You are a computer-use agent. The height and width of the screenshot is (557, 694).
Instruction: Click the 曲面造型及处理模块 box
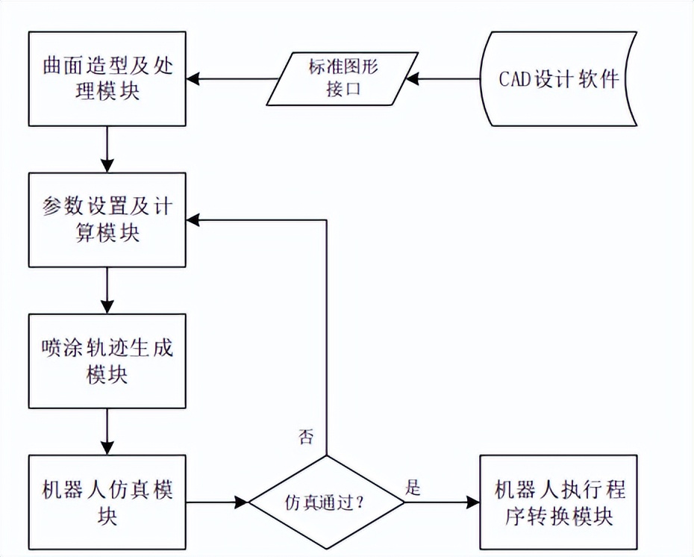point(107,78)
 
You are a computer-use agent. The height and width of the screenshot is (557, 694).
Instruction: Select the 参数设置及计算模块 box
point(107,220)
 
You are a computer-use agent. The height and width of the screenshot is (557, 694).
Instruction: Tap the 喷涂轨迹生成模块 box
point(107,361)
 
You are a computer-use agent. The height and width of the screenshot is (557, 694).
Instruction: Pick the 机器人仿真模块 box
point(107,502)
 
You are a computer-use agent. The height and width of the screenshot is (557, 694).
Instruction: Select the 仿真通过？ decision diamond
point(326,502)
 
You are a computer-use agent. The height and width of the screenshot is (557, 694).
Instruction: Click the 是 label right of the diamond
point(413,488)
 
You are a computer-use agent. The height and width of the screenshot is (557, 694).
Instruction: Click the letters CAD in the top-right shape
point(516,79)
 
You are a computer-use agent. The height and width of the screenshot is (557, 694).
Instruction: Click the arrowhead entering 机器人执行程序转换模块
point(472,502)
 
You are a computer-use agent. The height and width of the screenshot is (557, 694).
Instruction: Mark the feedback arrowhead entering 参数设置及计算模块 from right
point(193,220)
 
